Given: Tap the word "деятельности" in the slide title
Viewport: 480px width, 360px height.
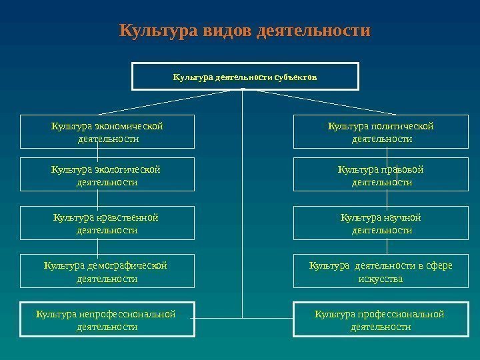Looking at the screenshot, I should tap(313, 31).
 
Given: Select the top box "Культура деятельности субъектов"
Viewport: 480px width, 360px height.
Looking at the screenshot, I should tap(245, 77).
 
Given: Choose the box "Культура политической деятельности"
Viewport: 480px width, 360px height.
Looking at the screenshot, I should tap(381, 132).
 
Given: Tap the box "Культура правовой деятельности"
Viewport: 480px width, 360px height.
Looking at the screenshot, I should tap(381, 175).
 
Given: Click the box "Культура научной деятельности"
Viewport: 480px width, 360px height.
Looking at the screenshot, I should tap(381, 223).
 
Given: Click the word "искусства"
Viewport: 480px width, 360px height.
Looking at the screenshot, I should tap(381, 279).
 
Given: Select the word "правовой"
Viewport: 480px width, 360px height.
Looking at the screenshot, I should tap(402, 169).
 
